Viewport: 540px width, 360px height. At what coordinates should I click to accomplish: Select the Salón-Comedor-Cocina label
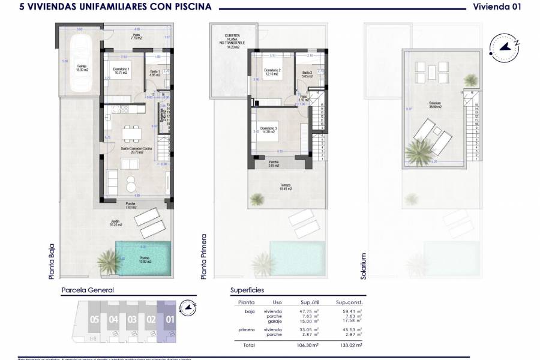point(131,150)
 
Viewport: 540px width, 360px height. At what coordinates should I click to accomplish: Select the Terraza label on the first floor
point(286,187)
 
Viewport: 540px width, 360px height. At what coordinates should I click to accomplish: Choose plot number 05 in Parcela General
point(94,319)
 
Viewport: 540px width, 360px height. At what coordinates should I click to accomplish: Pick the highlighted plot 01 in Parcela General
point(170,319)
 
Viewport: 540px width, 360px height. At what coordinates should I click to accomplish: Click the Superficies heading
point(247,290)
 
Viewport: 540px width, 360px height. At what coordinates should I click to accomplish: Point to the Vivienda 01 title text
point(497,7)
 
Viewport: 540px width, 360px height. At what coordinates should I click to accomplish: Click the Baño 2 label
point(307,74)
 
